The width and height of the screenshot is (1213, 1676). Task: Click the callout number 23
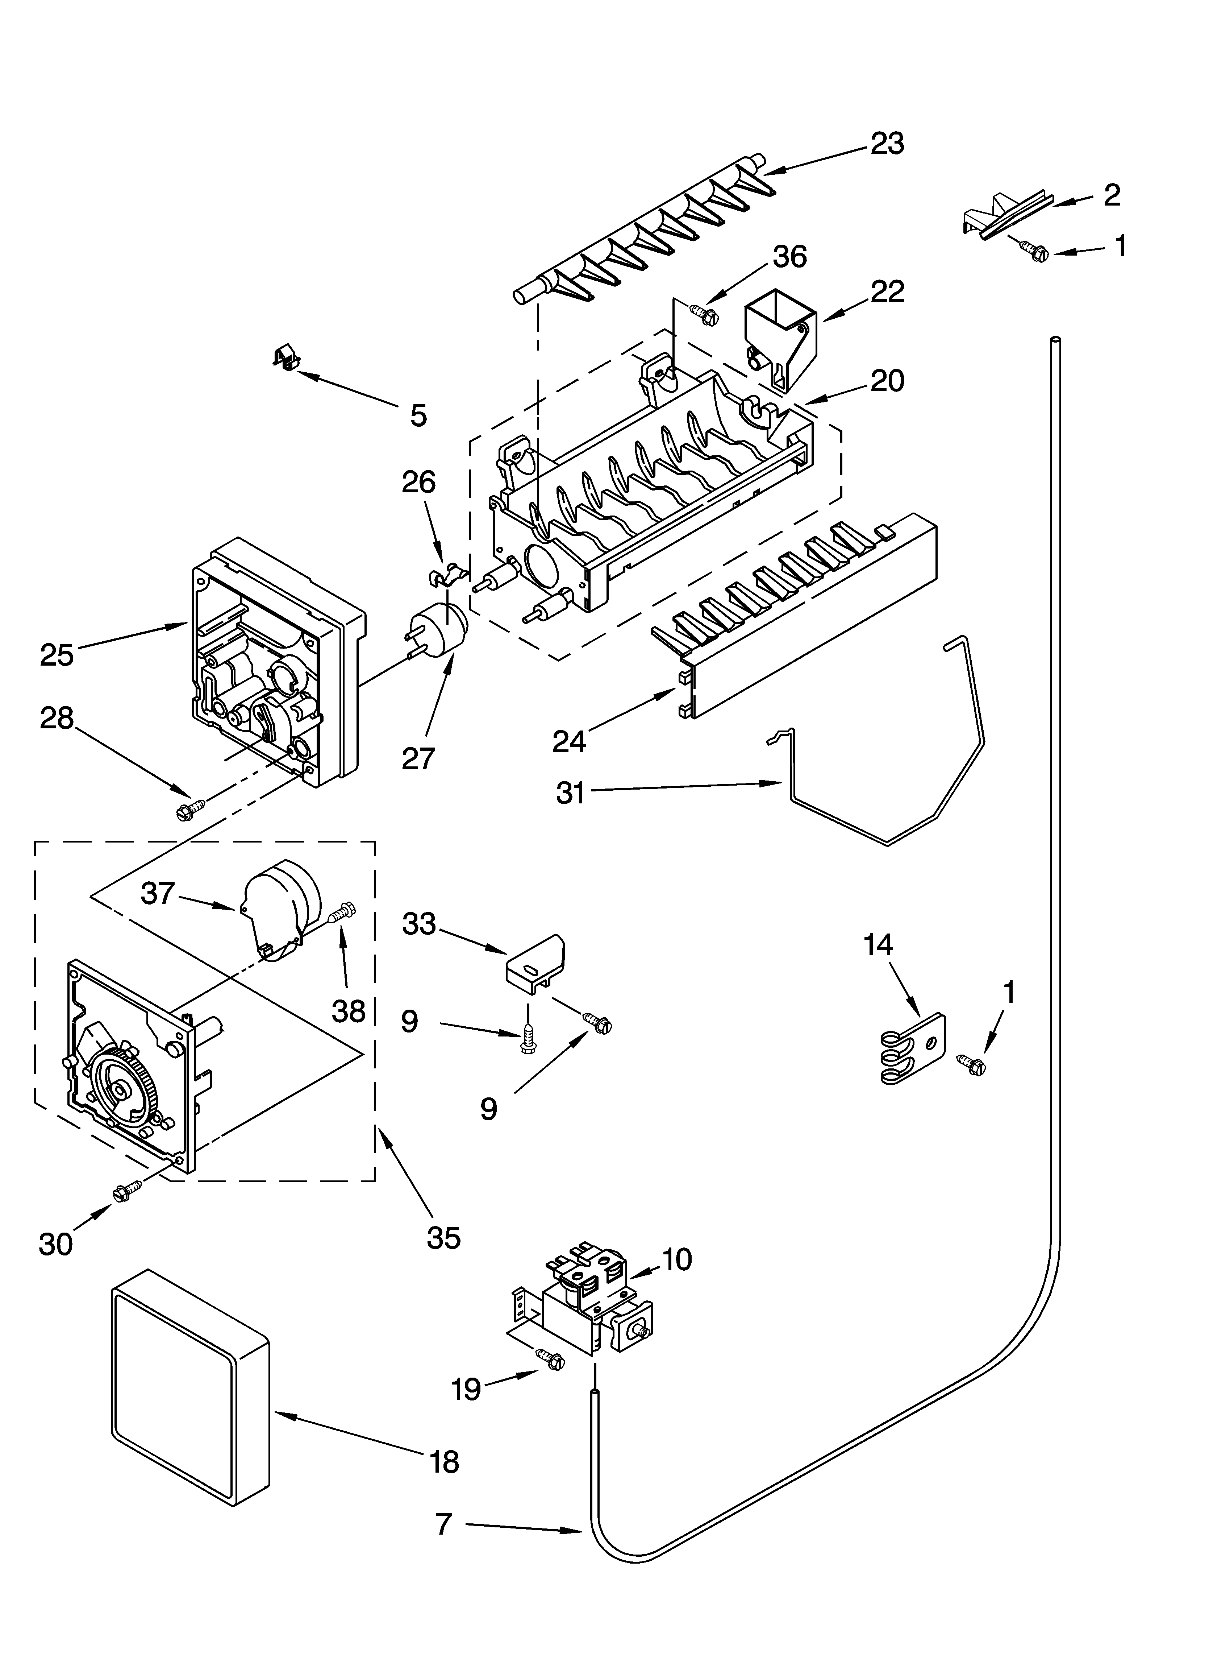pyautogui.click(x=887, y=143)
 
